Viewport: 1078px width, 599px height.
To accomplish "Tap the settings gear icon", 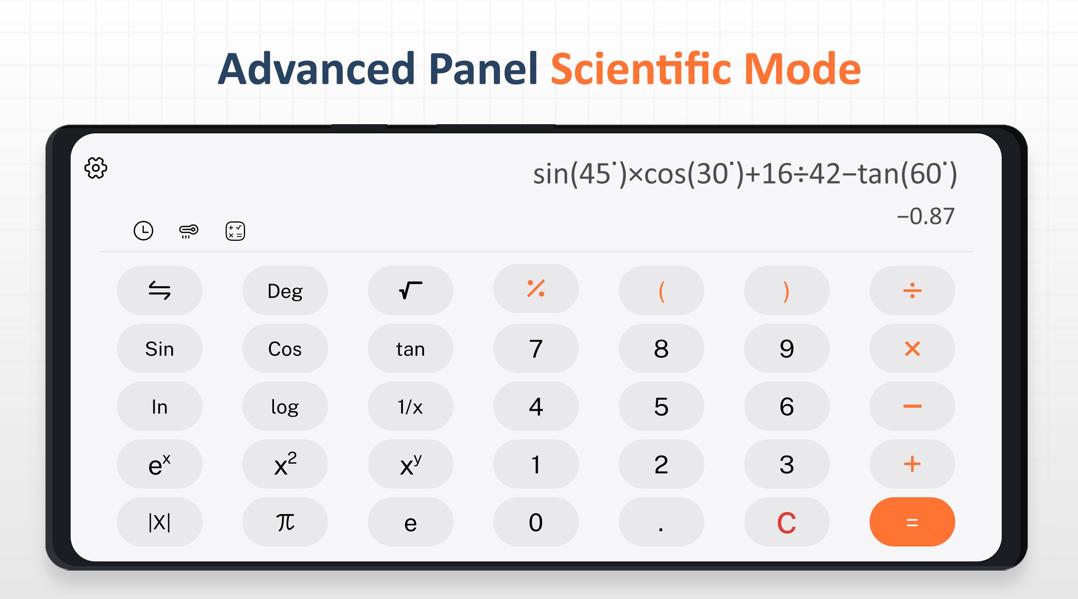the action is (x=96, y=168).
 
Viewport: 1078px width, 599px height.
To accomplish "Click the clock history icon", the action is (x=143, y=231).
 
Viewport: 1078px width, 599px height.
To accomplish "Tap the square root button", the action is (x=410, y=290).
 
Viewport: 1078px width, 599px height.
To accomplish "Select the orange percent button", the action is (x=536, y=288).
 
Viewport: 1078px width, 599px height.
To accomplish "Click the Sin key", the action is (x=159, y=348).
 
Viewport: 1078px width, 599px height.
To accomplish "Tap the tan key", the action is (x=410, y=348).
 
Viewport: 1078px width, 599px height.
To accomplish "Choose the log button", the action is (x=285, y=406).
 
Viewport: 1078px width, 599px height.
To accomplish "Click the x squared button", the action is (x=285, y=464).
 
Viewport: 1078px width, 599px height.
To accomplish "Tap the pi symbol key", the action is (x=285, y=522).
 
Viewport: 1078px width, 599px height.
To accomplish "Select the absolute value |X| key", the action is (x=159, y=522).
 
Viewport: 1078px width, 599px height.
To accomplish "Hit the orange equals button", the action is (x=912, y=522).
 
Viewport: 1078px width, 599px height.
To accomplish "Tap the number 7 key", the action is (x=536, y=348).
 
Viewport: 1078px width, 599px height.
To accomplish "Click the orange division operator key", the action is (x=912, y=290).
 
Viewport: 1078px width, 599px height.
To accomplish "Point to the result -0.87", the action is (x=925, y=216).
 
